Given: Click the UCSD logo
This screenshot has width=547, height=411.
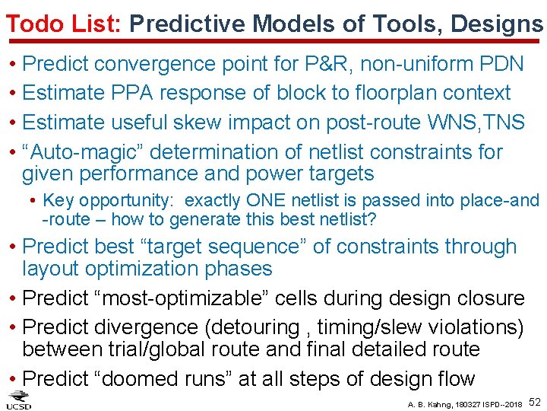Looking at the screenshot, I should (x=19, y=400).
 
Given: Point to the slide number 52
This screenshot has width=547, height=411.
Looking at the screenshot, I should (x=535, y=401).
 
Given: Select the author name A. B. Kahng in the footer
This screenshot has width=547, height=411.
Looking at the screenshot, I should (x=432, y=403).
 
